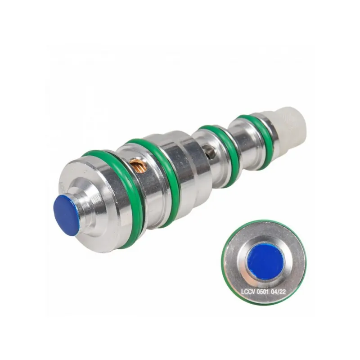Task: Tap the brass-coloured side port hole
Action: (138, 165)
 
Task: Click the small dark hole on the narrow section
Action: (211, 152)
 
